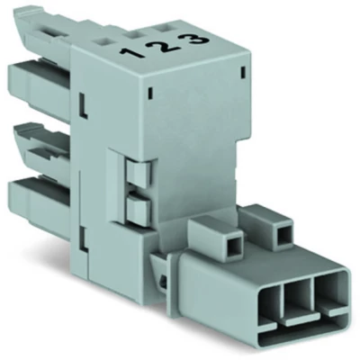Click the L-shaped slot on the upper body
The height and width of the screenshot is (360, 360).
tap(83, 112)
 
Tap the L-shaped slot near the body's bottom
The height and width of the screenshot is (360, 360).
tap(83, 240)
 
